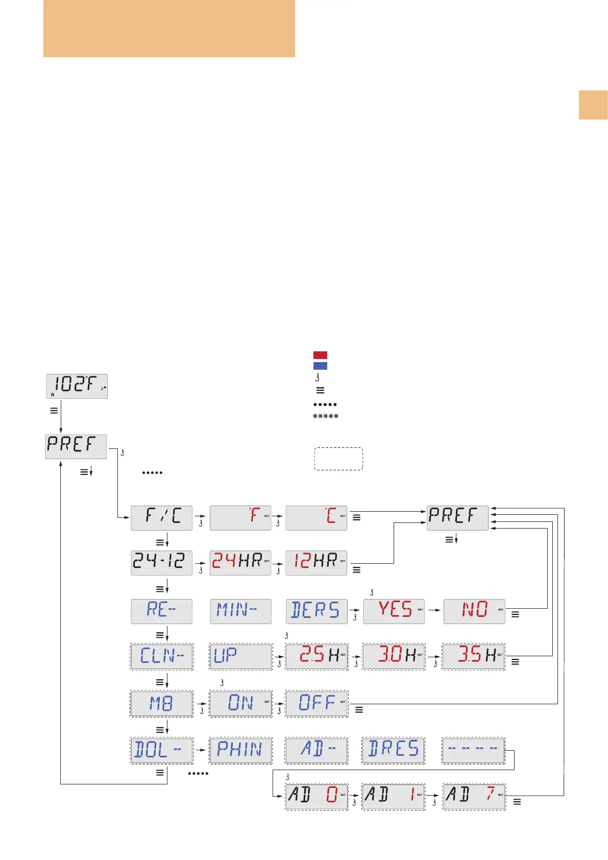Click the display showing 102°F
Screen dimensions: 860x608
[x=77, y=386]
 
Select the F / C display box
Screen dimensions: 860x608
[x=161, y=518]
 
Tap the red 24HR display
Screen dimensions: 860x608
[x=240, y=563]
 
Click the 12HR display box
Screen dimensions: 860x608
[x=316, y=563]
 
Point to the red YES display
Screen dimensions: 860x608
[x=394, y=611]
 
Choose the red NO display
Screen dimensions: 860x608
[x=474, y=611]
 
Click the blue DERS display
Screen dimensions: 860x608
[x=317, y=611]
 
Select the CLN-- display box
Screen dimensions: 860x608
[x=162, y=656]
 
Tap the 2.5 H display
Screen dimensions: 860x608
[x=317, y=656]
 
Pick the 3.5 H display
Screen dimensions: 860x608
[x=474, y=656]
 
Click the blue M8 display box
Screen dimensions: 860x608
[x=162, y=703]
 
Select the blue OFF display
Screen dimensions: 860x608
[x=317, y=703]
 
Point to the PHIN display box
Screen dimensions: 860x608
[x=240, y=750]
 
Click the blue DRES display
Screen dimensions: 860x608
[x=393, y=750]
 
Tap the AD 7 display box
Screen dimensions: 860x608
[x=474, y=796]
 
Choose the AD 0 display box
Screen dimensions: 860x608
[x=317, y=796]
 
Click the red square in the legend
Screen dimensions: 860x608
[x=320, y=355]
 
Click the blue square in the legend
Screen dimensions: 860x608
[x=320, y=366]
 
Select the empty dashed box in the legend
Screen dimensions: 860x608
[x=338, y=459]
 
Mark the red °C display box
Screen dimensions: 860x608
[x=316, y=518]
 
